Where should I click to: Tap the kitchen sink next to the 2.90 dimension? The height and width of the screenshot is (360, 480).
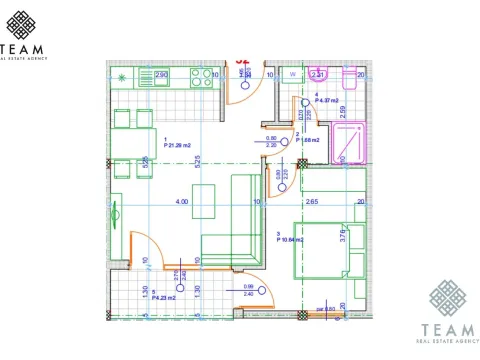145,75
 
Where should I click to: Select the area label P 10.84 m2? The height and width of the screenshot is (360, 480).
290,238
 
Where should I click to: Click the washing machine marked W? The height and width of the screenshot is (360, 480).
292,74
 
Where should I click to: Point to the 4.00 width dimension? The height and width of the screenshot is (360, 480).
181,202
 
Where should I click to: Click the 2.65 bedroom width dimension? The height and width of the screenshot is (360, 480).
312,202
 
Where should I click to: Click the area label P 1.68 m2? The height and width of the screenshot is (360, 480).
310,140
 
